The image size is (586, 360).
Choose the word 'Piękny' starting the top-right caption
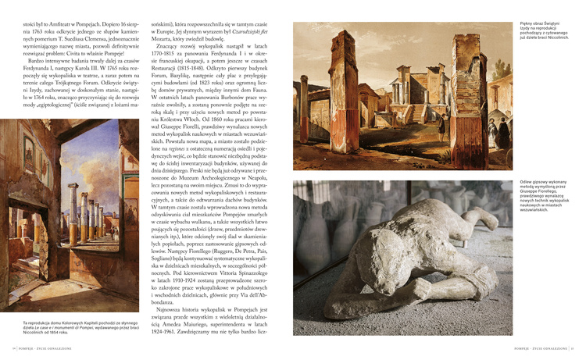(527, 24)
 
